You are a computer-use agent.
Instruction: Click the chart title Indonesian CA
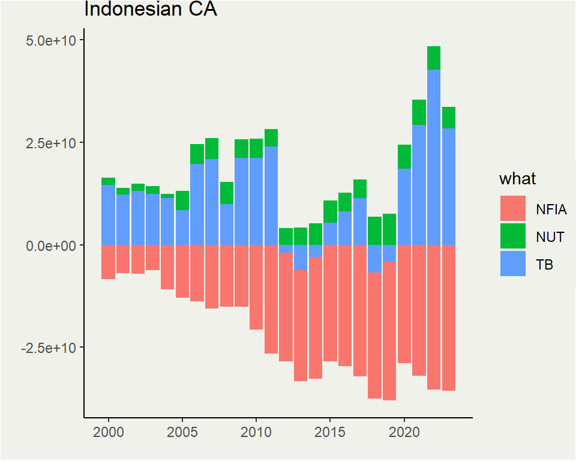coord(150,10)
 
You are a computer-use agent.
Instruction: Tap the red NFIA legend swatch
coord(512,208)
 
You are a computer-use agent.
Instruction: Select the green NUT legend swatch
coord(512,236)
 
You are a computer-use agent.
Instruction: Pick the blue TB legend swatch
coord(512,264)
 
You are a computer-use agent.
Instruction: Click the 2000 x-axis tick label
coord(109,432)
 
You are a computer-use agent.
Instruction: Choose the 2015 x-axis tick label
coord(330,432)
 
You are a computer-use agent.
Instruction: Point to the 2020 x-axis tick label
coord(404,432)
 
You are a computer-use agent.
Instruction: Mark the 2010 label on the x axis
coord(256,432)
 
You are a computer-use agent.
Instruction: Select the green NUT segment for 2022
coord(434,58)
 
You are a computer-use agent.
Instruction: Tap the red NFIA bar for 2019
coord(389,331)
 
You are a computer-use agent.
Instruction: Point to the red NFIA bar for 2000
coord(109,262)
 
